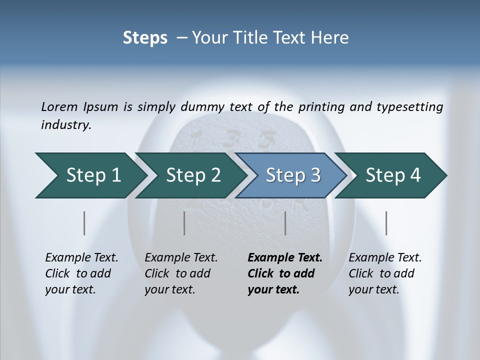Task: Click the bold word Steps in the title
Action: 145,38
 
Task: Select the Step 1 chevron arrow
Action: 90,175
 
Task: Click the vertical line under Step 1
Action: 84,223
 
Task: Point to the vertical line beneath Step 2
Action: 184,223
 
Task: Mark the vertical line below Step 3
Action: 285,223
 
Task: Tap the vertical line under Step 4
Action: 386,223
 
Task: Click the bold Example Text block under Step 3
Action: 285,273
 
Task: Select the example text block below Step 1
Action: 81,273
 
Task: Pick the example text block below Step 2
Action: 181,273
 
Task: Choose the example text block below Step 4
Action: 385,273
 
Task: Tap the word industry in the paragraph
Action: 65,125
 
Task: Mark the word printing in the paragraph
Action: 320,107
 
